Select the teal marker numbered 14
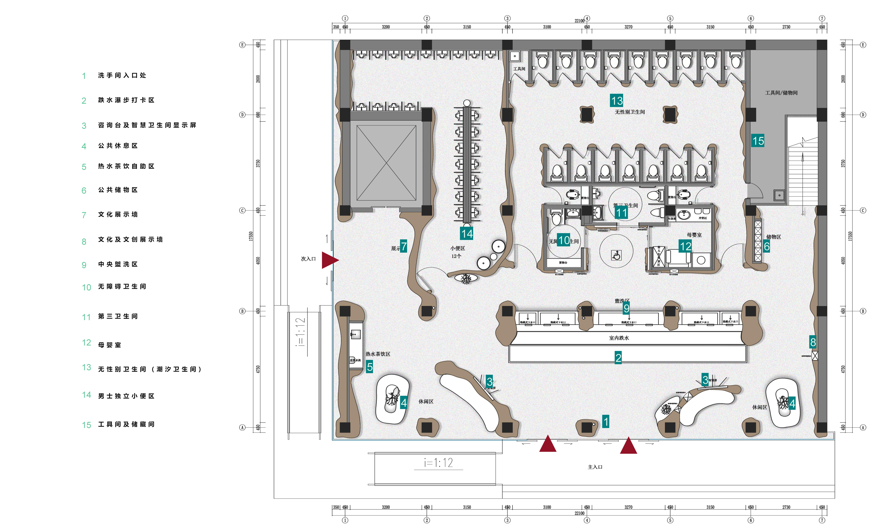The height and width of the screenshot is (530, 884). (467, 234)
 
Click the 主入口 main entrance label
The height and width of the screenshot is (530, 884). (595, 467)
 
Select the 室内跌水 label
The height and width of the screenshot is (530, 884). (619, 338)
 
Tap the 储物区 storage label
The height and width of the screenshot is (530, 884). (773, 237)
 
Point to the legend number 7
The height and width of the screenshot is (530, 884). (84, 215)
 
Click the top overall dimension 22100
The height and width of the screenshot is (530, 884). (579, 21)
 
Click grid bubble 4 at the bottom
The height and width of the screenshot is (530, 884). (587, 520)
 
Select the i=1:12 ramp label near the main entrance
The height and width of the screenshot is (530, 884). (438, 463)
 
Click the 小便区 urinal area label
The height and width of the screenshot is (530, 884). (457, 248)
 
